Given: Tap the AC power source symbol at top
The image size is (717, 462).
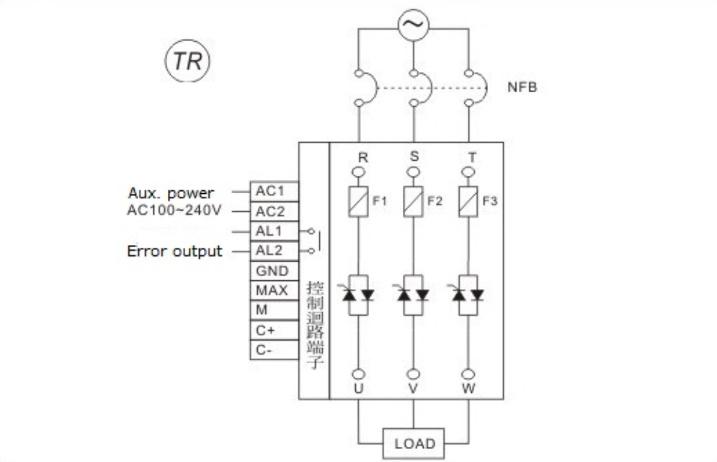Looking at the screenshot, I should pos(413,26).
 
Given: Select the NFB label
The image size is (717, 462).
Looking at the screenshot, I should pos(522,88).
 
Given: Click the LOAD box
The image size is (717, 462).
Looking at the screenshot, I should pos(414,443).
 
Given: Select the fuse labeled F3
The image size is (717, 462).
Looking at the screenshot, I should pos(468,200).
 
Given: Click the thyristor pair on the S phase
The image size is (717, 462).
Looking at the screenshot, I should pos(414,294).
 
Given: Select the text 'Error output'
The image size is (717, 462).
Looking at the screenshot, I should pos(174,252).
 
